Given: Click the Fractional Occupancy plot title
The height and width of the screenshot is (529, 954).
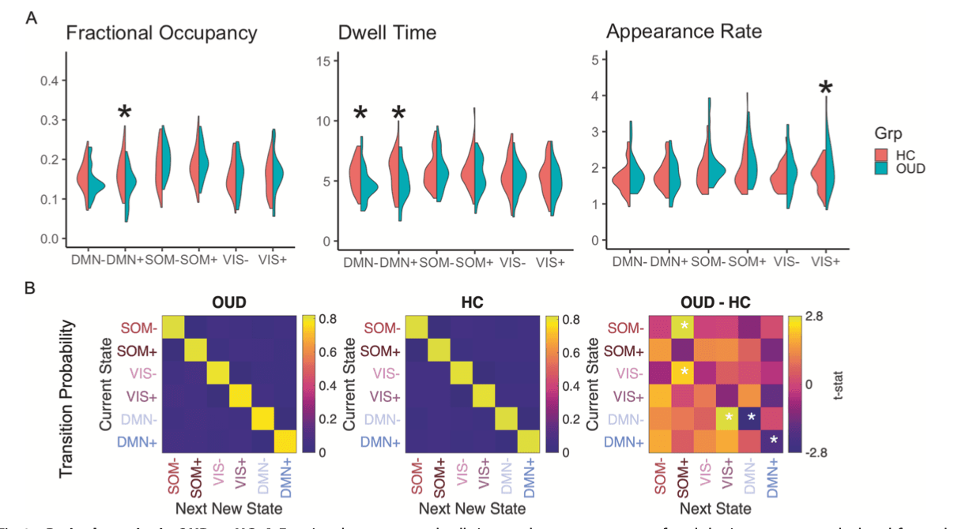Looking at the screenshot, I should (x=161, y=33).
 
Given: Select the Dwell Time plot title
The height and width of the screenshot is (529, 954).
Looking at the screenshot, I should (x=387, y=33).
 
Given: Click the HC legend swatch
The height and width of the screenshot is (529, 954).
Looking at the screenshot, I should (x=878, y=154).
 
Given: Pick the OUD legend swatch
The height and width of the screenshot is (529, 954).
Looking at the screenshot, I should (x=878, y=168).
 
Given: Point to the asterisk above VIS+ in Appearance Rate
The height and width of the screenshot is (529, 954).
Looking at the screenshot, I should (x=827, y=88).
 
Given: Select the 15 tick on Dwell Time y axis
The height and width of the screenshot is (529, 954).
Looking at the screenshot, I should (x=320, y=61).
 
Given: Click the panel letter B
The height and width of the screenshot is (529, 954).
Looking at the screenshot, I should (x=30, y=287).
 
